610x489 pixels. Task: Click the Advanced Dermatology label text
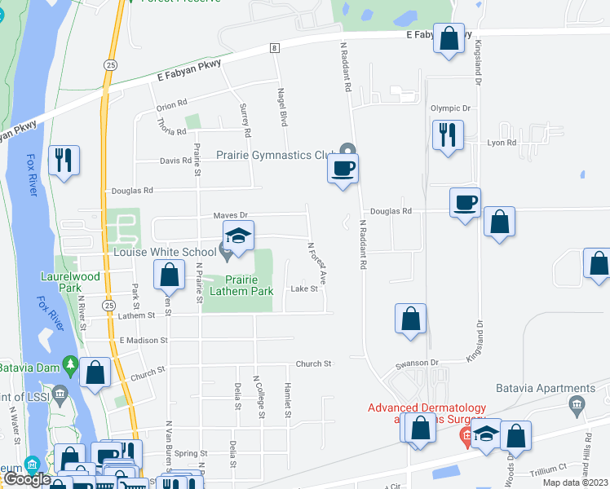[427, 408]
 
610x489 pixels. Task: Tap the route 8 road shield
[275, 49]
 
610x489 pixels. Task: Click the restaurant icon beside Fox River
[64, 159]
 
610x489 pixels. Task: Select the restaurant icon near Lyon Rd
[448, 134]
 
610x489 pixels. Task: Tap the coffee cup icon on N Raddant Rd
[343, 169]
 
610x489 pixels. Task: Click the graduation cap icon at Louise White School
[238, 235]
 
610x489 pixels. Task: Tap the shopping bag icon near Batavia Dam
[95, 372]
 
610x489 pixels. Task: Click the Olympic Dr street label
[450, 108]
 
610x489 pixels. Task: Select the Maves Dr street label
[230, 215]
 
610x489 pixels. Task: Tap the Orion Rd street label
[172, 104]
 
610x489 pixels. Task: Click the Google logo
[27, 479]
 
